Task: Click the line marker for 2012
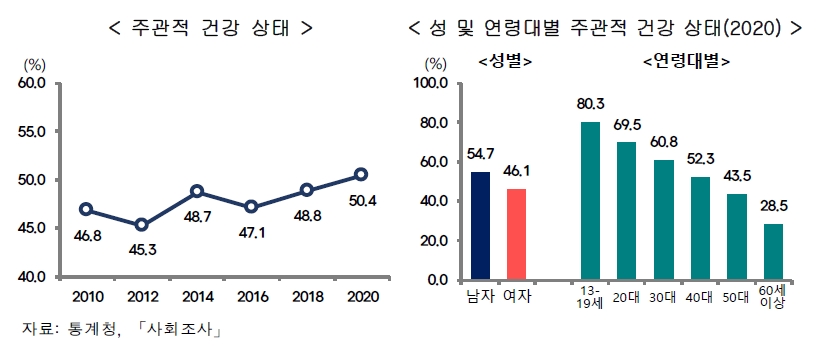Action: (142, 225)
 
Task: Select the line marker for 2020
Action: (360, 175)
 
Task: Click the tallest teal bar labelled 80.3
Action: (590, 200)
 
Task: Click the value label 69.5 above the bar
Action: (627, 128)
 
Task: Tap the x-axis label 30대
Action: (663, 297)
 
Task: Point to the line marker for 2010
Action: (87, 210)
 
